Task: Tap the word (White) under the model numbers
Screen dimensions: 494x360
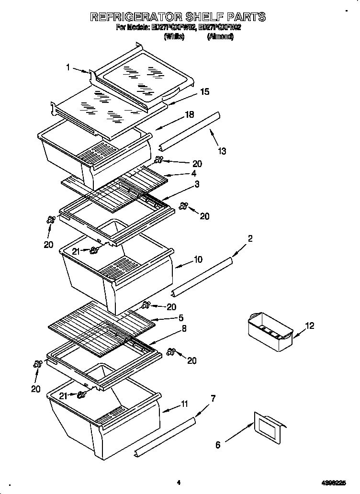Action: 174,36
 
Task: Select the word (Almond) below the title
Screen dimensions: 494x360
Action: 220,36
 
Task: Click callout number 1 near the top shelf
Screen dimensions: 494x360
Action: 68,67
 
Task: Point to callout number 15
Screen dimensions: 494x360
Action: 204,92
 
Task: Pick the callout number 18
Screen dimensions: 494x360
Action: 190,115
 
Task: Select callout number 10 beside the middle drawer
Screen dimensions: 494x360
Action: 198,260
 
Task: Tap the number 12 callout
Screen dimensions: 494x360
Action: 310,326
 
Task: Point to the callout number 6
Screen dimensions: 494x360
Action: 218,445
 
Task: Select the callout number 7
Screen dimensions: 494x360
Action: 213,398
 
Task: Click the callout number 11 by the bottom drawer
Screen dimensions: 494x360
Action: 184,405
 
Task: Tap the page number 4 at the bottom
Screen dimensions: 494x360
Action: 178,483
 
